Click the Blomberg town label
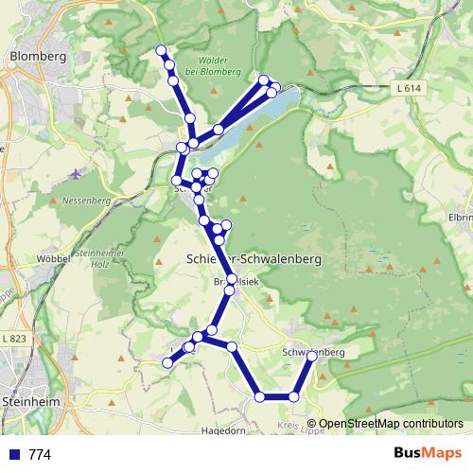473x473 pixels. [x=37, y=56]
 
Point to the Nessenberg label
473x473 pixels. [x=86, y=201]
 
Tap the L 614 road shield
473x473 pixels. [x=405, y=87]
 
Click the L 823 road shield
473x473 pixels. [x=14, y=338]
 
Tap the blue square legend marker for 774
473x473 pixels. [x=13, y=455]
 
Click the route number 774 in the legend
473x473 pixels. [x=40, y=455]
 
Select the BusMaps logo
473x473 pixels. [x=421, y=454]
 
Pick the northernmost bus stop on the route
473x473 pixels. [x=161, y=50]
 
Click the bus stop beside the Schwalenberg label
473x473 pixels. [x=312, y=357]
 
